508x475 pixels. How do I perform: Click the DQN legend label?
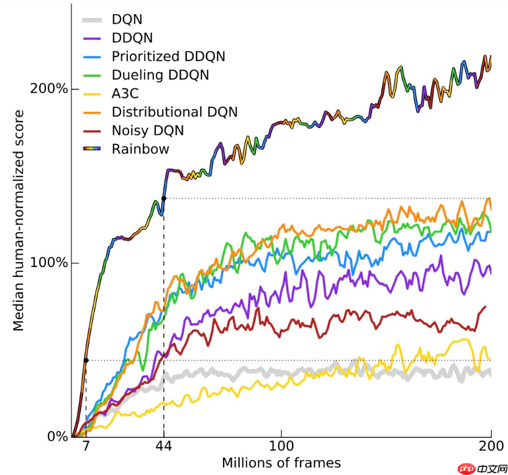click(127, 19)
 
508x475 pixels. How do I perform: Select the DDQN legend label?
click(132, 38)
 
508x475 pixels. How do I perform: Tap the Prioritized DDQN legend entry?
click(168, 57)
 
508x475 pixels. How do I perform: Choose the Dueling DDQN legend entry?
click(160, 75)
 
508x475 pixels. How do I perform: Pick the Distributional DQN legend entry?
click(175, 112)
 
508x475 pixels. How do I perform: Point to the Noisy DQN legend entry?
click(148, 130)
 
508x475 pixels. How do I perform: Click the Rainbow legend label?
click(140, 149)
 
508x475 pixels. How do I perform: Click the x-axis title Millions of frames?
click(281, 463)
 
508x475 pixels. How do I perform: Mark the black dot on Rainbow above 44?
click(163, 198)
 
